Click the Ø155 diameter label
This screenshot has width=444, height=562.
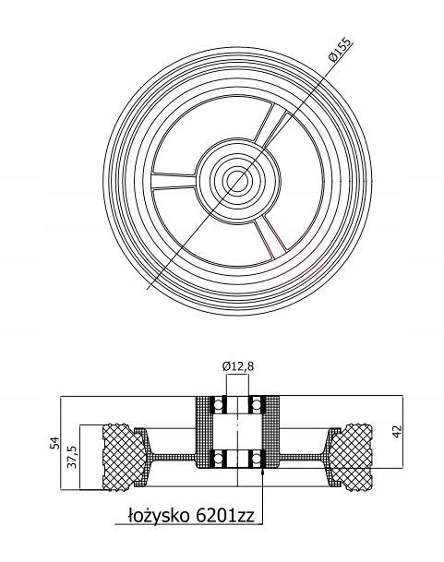341,49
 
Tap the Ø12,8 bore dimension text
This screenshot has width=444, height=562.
238,366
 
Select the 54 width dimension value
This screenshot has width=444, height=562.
54,443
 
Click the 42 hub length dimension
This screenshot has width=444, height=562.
397,431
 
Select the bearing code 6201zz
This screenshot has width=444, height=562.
224,516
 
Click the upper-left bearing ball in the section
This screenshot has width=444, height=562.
217,404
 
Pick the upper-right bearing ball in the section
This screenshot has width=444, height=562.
256,404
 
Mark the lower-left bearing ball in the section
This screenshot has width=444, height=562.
217,458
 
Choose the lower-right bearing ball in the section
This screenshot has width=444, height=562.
256,458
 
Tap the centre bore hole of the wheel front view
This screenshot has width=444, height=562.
236,178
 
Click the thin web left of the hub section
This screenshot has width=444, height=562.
173,456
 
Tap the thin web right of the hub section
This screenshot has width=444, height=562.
302,456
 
